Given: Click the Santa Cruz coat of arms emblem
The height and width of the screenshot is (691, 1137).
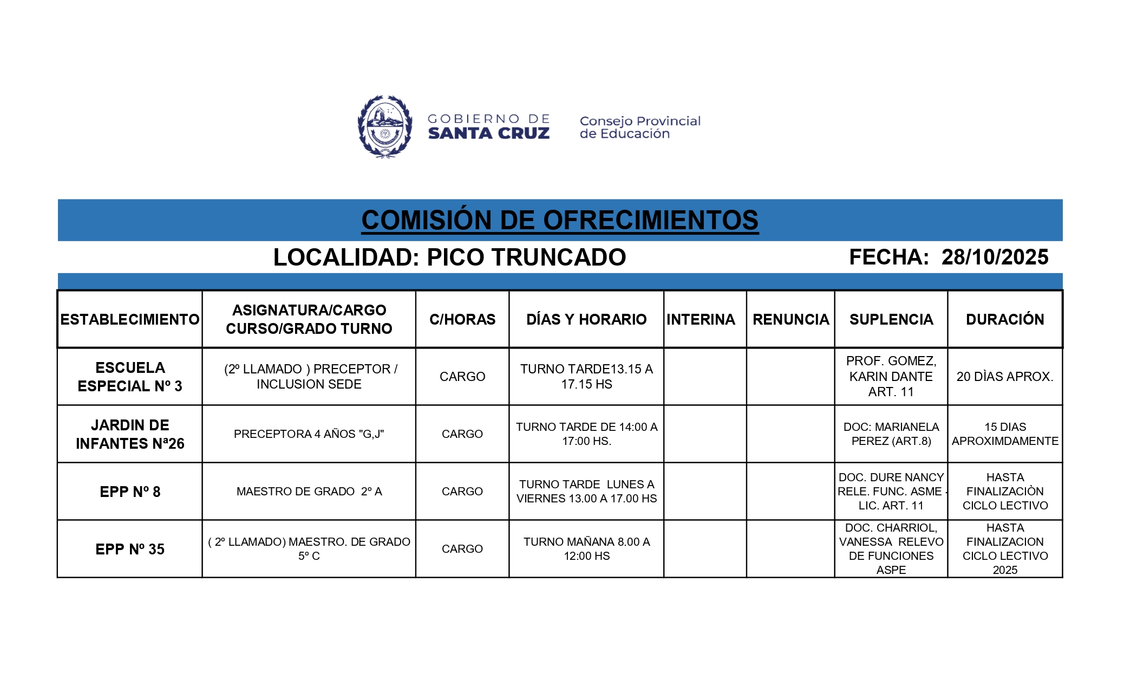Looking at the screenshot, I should pos(384,127).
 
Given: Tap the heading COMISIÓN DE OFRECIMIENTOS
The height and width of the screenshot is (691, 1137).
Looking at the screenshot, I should pos(560,220).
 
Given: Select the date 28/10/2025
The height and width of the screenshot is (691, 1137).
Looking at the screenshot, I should pos(995,257).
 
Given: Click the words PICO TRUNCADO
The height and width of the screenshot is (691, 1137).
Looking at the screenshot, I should pos(526,257).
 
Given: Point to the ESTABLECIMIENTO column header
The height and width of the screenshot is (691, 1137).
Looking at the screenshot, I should pos(130,319).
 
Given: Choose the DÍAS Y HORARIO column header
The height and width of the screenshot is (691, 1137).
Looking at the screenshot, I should pos(586,319).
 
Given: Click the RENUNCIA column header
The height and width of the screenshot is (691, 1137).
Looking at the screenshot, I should pos(790,319).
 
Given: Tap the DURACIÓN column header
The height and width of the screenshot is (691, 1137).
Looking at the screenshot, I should pos(1005,319).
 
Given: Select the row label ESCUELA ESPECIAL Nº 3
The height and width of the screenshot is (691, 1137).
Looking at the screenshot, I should pos(130,377).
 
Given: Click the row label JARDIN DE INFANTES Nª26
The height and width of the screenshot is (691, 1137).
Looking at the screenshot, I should pos(130,434).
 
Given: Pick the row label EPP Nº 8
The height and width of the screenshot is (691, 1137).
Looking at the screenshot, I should pos(130,492).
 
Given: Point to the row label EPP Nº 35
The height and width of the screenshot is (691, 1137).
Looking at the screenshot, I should pos(130,549).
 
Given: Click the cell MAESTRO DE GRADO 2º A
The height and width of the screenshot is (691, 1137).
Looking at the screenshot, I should pos(309,492).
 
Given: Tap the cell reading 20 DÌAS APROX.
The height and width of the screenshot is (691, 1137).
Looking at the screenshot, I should pos(1005,377).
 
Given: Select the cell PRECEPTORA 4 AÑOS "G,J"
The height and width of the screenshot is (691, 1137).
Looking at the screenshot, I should pos(309,434).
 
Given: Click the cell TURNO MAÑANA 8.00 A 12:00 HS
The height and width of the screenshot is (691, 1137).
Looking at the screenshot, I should pos(586,549).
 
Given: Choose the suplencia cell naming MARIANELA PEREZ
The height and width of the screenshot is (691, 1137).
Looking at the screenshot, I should pos(891,434).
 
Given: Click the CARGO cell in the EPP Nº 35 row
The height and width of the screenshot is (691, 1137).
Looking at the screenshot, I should pos(462,549).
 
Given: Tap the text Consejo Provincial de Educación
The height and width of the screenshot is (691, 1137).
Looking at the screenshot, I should pos(640,127).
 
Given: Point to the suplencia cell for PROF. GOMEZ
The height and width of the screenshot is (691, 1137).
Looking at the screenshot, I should pos(891,377).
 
